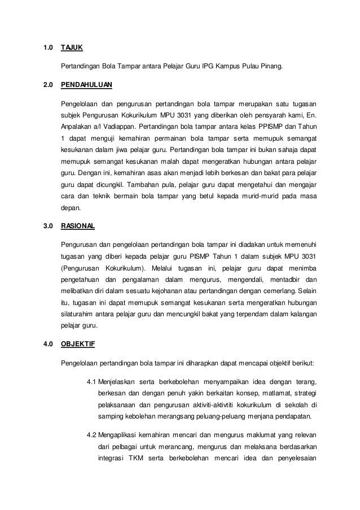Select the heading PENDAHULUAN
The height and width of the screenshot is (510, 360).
[86, 85]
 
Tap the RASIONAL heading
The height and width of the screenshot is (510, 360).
[78, 226]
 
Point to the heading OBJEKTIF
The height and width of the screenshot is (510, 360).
[77, 343]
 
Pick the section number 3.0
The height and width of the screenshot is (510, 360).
[48, 226]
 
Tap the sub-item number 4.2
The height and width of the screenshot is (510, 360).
[91, 435]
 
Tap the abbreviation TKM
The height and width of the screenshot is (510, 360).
[136, 460]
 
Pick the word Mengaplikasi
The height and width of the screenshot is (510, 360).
[123, 435]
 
